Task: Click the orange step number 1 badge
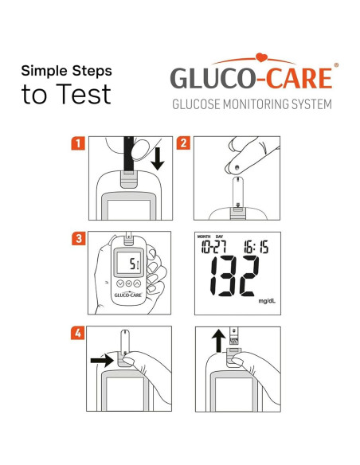(x=78, y=144)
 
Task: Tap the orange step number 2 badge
(x=184, y=144)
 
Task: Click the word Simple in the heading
(x=43, y=71)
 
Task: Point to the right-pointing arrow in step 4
(x=103, y=360)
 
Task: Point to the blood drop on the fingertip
(x=237, y=167)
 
